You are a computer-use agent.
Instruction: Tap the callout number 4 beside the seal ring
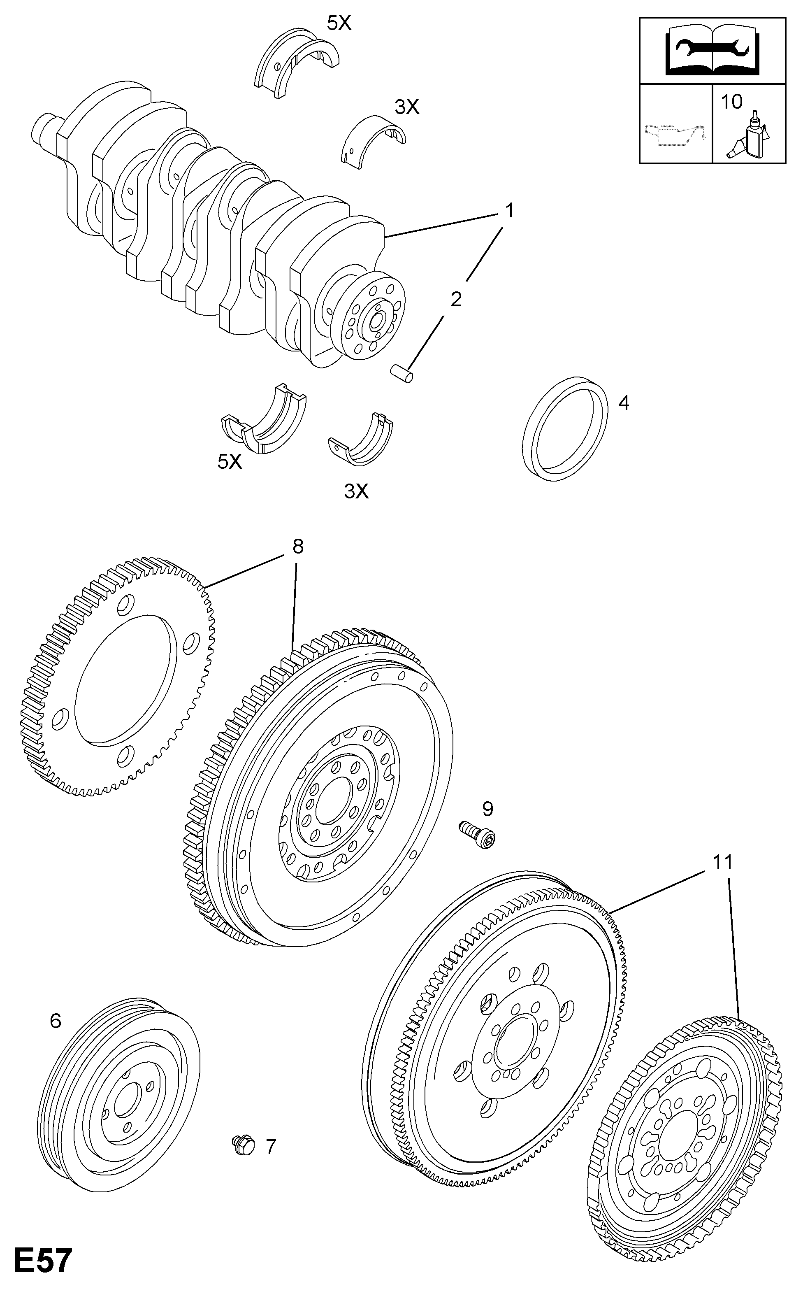pos(624,403)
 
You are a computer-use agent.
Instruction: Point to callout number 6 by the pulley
pos(56,1021)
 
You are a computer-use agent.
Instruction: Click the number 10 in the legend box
pos(731,102)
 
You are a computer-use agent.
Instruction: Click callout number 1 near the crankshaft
pos(509,211)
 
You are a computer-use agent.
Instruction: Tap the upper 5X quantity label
pos(339,23)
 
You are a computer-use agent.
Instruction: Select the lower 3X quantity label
pos(356,491)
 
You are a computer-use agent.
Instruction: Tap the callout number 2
pos(456,300)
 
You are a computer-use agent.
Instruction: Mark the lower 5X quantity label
pos(230,462)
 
